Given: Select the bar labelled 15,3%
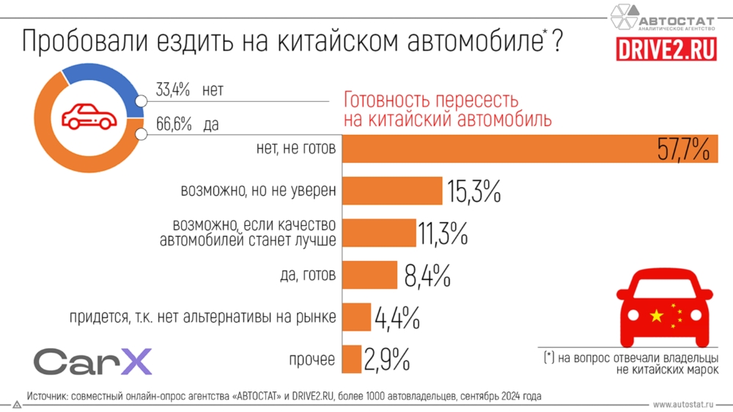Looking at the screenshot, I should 392,191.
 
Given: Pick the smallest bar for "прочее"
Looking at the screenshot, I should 352,359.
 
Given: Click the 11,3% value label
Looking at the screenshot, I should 443,234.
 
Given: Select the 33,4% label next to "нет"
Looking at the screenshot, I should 173,90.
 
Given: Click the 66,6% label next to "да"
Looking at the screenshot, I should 173,125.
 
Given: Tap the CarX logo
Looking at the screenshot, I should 92,361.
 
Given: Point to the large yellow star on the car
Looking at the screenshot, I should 656,316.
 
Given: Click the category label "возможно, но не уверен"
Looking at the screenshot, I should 258,191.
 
